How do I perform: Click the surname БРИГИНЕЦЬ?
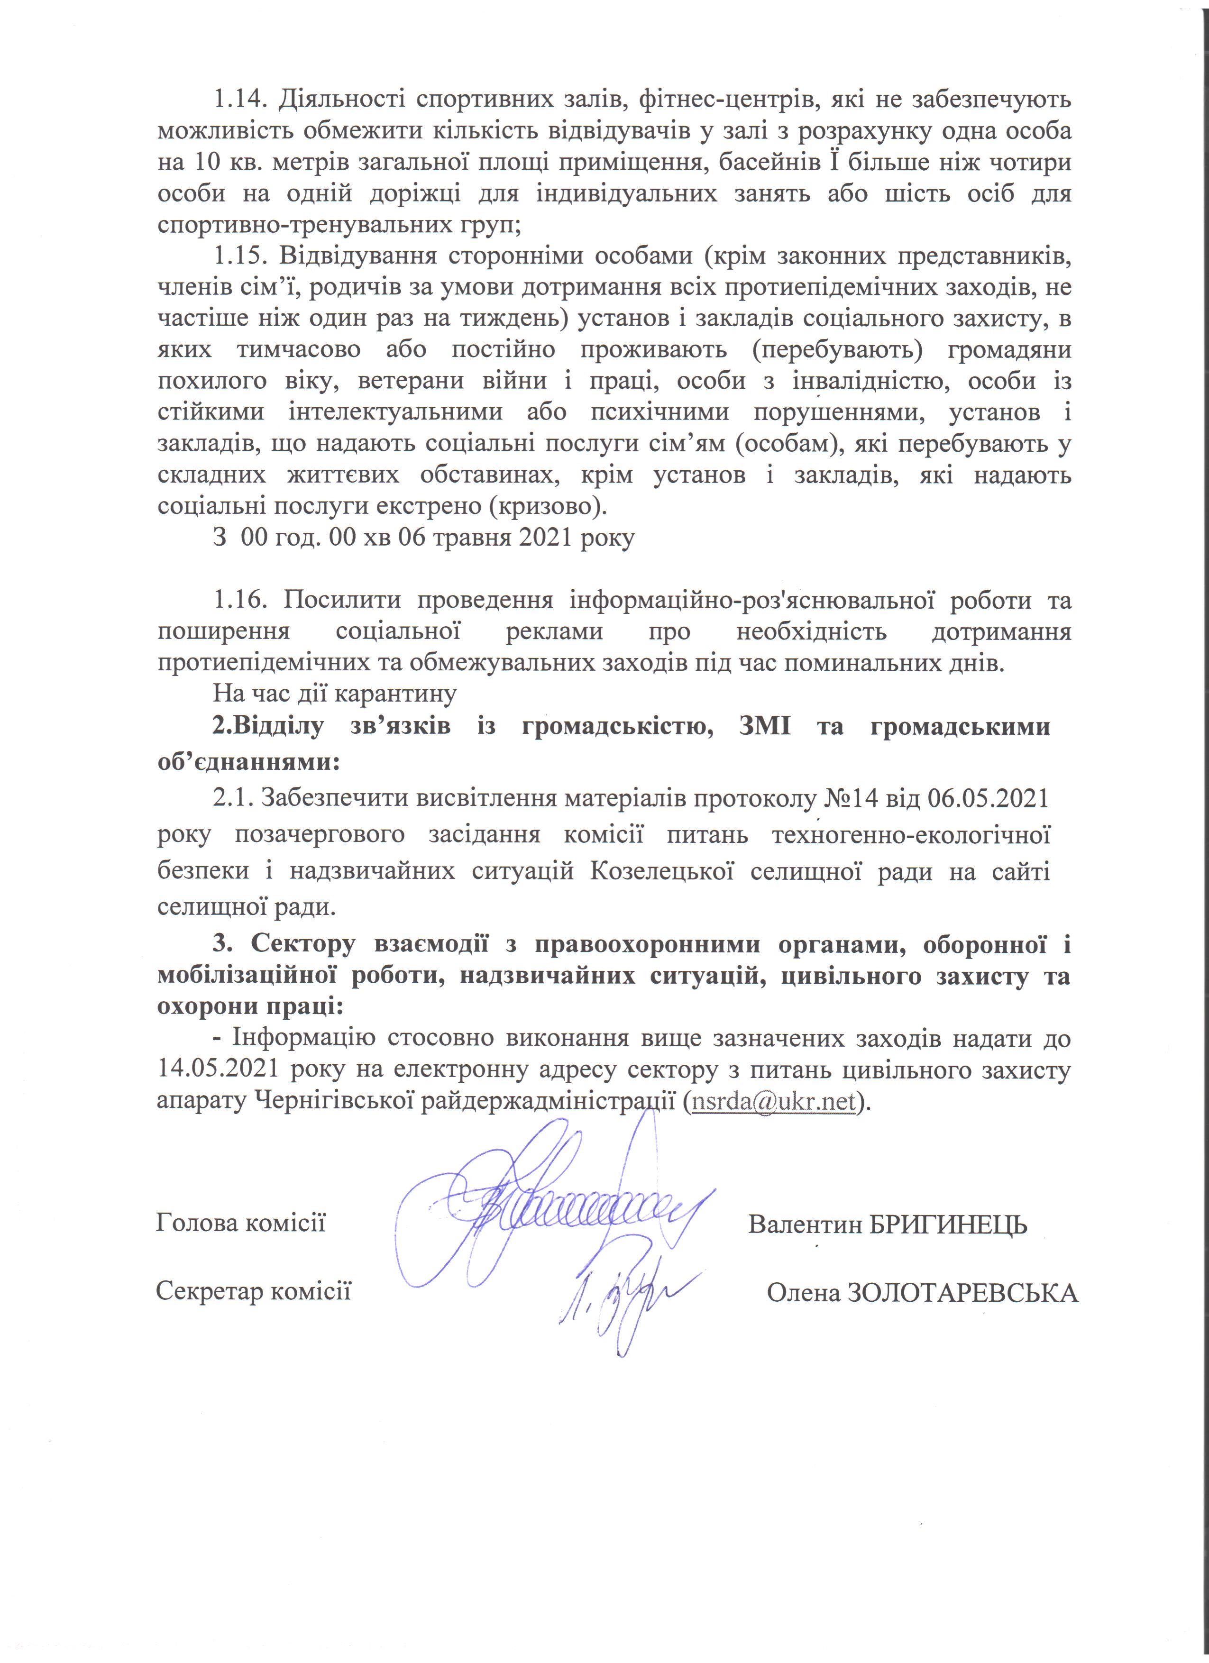[948, 1224]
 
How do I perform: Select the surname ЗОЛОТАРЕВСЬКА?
[962, 1293]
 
